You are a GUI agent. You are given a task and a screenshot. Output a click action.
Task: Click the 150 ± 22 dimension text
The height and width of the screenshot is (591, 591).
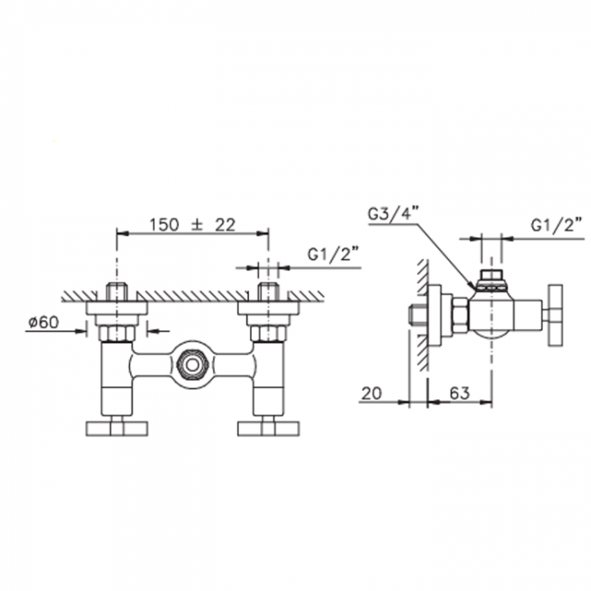pyautogui.click(x=193, y=225)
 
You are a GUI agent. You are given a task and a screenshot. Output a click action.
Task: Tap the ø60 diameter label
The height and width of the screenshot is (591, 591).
pyautogui.click(x=44, y=322)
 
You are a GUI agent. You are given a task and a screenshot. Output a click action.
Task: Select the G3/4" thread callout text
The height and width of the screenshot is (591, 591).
pyautogui.click(x=394, y=215)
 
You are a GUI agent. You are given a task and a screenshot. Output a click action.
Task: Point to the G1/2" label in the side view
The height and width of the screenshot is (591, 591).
pyautogui.click(x=556, y=225)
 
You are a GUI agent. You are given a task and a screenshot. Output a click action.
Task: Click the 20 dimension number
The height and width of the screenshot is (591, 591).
pyautogui.click(x=372, y=394)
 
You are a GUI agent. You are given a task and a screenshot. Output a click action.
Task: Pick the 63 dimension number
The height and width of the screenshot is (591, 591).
pyautogui.click(x=459, y=394)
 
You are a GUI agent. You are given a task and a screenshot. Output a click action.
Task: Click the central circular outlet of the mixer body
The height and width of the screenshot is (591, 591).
pyautogui.click(x=192, y=365)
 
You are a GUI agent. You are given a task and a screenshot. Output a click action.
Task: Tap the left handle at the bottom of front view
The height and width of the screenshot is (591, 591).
pyautogui.click(x=117, y=428)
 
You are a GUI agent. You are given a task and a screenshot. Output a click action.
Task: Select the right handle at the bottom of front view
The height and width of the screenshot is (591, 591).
pyautogui.click(x=268, y=428)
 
